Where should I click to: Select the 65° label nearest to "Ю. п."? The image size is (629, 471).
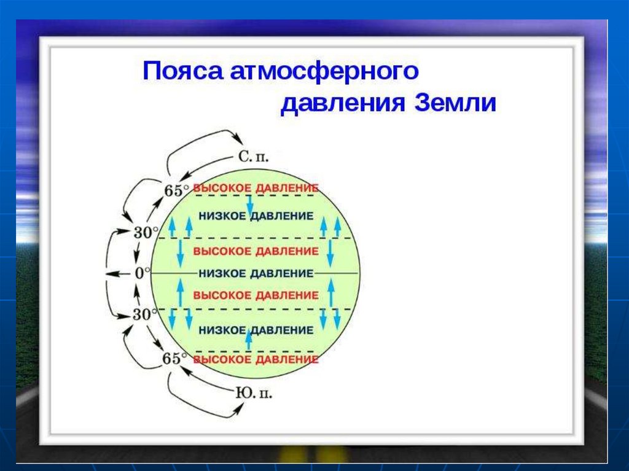173,358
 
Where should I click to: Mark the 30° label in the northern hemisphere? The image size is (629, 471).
146,232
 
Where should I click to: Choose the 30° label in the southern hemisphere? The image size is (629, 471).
146,314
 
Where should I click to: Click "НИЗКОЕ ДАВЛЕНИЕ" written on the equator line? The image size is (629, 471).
256,273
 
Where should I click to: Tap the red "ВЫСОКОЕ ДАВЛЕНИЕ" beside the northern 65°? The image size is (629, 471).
256,187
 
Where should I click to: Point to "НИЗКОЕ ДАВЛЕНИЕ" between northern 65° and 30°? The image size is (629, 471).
256,216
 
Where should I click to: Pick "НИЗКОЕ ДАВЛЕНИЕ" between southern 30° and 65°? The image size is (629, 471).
256,329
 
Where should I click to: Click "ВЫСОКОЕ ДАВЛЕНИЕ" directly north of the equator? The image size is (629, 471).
256,251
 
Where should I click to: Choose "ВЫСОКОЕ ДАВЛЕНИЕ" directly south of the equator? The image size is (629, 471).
256,295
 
